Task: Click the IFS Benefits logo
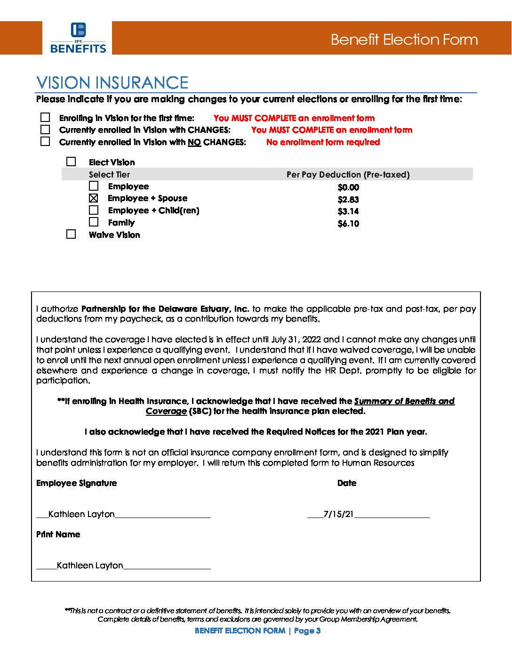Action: (x=78, y=38)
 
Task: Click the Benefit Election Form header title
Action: (x=404, y=40)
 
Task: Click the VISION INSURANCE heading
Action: (x=112, y=83)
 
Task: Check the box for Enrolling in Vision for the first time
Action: (x=45, y=117)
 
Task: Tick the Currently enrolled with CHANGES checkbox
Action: (x=45, y=129)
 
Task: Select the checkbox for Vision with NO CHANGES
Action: (x=45, y=141)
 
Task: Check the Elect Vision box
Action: (x=71, y=162)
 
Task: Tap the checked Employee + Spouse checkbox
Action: (x=94, y=198)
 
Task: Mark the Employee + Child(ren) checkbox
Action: (x=94, y=210)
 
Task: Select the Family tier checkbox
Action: (x=94, y=222)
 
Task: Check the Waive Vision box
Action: (x=71, y=234)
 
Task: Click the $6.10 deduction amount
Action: (x=348, y=224)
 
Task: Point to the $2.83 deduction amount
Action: (x=348, y=200)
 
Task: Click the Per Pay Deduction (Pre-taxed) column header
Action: (x=348, y=175)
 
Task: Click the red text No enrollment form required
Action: (x=323, y=142)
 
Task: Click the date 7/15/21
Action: (x=338, y=514)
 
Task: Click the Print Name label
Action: (x=58, y=534)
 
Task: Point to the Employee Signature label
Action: (x=76, y=483)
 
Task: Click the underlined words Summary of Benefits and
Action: (x=404, y=401)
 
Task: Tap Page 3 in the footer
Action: (x=307, y=631)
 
